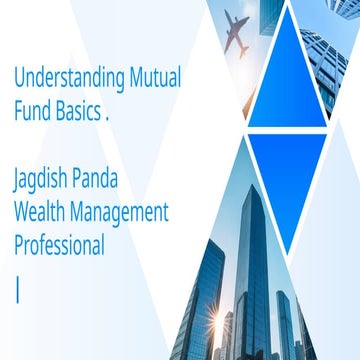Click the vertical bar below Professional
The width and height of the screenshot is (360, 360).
point(17,265)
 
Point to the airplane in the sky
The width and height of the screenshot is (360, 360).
point(238,33)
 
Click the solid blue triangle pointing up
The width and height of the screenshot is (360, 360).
point(287,85)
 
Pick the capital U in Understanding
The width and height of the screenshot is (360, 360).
point(18,78)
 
